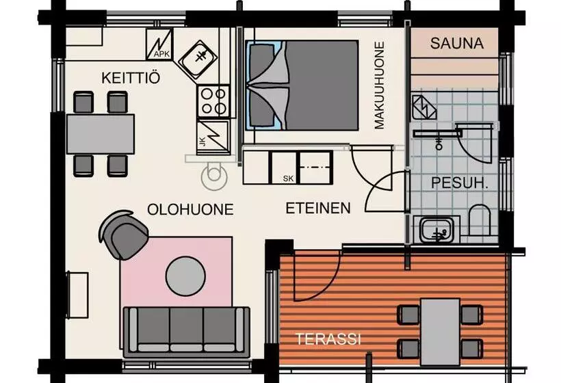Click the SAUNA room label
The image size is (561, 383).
point(457,43)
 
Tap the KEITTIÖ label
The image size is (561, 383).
point(131,77)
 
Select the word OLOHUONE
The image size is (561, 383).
point(190,209)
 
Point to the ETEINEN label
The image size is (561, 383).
point(318,208)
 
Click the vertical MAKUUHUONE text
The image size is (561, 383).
point(378,85)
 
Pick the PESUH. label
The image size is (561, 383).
point(460,183)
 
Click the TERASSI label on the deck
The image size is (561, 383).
point(328,339)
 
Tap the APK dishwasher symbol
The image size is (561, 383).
point(159,44)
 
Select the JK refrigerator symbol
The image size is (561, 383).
point(213,137)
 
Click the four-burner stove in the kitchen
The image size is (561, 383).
point(213,101)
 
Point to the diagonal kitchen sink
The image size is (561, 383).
point(198,60)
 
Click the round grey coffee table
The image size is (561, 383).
point(185,276)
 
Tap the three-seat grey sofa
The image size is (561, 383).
point(186,332)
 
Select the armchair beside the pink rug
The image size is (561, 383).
point(124,234)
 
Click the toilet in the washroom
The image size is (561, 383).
point(479,220)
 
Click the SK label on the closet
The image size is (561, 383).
point(288,179)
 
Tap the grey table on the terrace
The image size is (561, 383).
point(440,332)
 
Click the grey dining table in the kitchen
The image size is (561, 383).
point(101,134)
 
